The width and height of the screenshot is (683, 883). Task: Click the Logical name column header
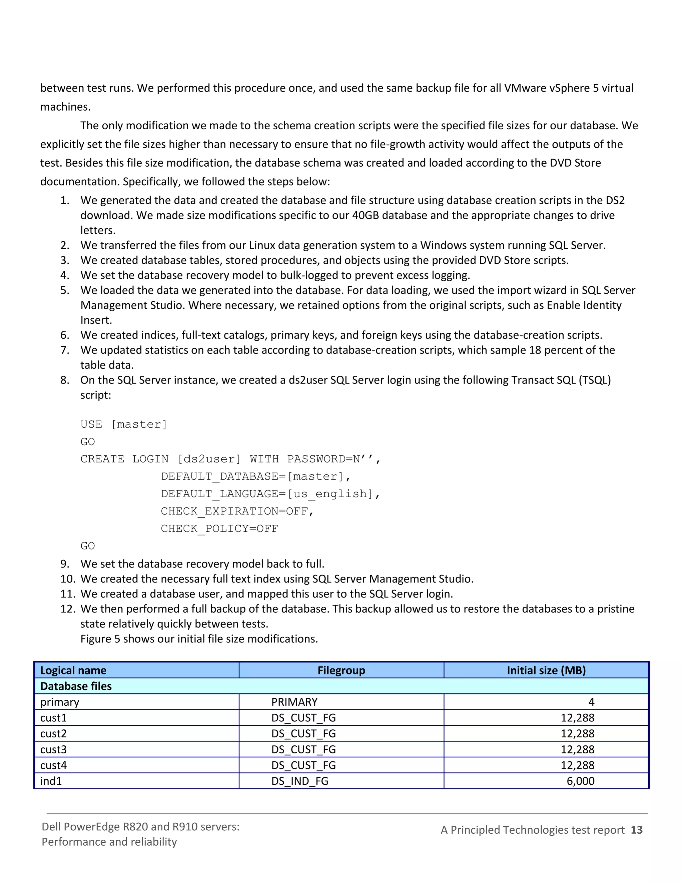point(73,670)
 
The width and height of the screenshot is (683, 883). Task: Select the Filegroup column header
point(341,670)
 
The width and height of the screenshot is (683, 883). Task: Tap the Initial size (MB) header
point(546,670)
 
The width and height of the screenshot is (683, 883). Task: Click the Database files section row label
point(76,686)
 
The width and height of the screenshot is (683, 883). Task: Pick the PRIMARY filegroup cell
point(294,702)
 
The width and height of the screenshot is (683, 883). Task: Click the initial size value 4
point(591,702)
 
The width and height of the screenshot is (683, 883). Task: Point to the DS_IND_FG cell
point(299,781)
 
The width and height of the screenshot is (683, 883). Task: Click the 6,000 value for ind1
point(580,781)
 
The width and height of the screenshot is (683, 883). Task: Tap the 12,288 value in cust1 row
point(577,718)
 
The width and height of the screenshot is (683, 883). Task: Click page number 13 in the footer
point(636,830)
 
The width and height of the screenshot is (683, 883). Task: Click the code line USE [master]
point(123,424)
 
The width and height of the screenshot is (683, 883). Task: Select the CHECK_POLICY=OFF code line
point(219,528)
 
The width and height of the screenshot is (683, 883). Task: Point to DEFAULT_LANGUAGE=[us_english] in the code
point(270,494)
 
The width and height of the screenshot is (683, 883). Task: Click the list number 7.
point(64,350)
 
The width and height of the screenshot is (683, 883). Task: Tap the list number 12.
point(68,609)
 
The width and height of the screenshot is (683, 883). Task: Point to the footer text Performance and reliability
point(109,842)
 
